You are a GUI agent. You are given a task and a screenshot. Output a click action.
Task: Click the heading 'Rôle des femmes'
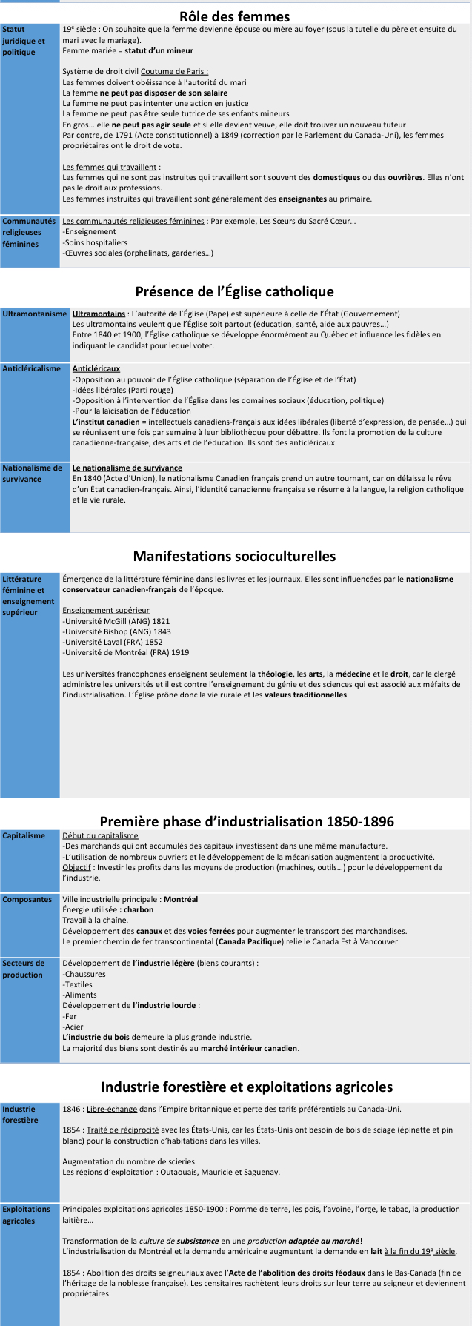click(234, 16)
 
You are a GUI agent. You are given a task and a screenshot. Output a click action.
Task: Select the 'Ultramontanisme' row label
click(35, 314)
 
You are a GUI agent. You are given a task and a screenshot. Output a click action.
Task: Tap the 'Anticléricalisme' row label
click(32, 368)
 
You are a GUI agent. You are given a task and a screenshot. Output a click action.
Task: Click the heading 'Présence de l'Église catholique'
click(234, 291)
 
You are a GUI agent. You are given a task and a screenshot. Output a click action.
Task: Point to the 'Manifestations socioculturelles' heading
click(234, 556)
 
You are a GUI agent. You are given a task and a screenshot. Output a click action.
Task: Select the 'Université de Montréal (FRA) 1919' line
click(126, 652)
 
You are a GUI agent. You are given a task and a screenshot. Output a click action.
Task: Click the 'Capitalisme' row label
click(24, 835)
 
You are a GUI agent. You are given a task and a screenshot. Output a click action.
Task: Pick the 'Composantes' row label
click(27, 899)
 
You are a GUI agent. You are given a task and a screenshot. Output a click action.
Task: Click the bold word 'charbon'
click(139, 909)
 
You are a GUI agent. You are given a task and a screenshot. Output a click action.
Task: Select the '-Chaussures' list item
click(84, 974)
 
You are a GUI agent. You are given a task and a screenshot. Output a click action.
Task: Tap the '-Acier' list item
click(73, 1027)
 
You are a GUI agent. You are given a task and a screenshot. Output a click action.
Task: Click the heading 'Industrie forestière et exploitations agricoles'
click(247, 1087)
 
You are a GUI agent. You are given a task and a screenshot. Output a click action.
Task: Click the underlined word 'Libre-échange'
click(112, 1109)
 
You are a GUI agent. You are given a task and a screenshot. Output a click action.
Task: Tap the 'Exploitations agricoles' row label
click(27, 1215)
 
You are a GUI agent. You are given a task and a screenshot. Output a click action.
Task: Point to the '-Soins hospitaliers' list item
click(95, 242)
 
